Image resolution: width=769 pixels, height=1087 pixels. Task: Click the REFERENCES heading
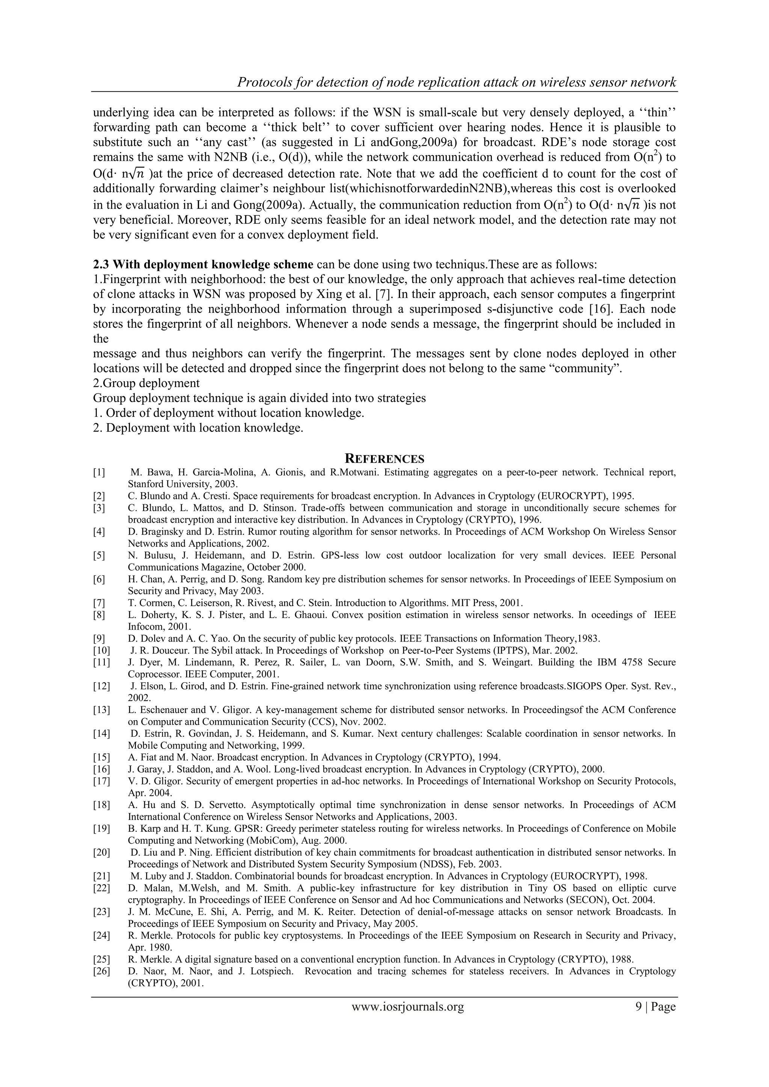point(384,459)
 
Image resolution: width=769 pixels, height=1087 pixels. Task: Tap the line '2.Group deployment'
point(146,383)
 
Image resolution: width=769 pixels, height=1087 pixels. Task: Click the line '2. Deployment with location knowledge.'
point(198,428)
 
